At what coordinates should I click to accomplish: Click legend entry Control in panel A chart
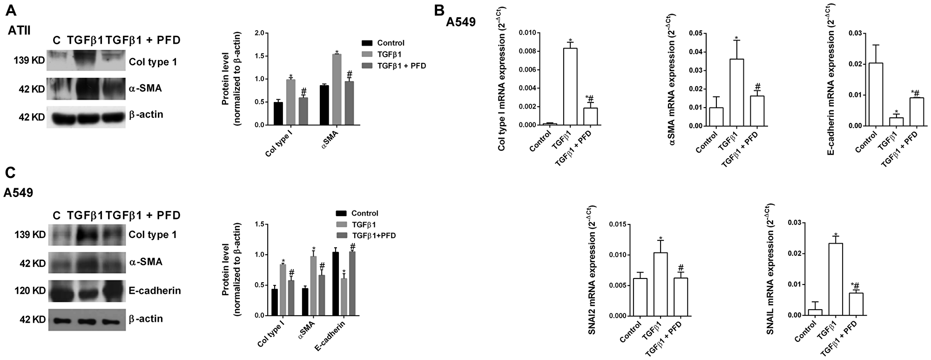pyautogui.click(x=391, y=43)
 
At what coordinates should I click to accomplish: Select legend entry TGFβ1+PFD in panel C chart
pyautogui.click(x=373, y=236)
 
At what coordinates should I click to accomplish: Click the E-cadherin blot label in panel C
pyautogui.click(x=155, y=291)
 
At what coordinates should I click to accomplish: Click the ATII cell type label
pyautogui.click(x=20, y=31)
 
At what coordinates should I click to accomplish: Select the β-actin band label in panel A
pyautogui.click(x=146, y=115)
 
